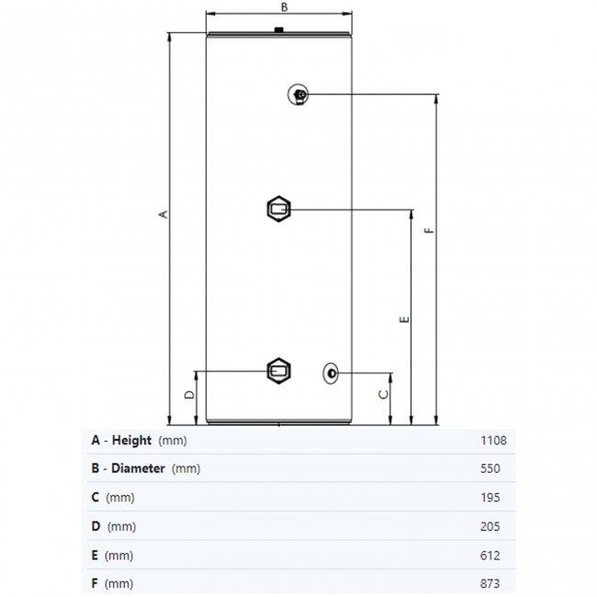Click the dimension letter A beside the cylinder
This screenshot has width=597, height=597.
click(x=164, y=215)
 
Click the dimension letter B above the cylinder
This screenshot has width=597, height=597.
click(x=284, y=6)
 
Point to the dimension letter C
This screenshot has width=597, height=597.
click(x=384, y=393)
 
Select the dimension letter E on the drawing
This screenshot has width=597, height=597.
click(x=404, y=320)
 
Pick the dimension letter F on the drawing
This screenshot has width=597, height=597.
click(x=429, y=231)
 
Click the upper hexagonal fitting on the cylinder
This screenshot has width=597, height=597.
click(x=278, y=209)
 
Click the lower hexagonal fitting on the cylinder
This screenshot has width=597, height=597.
click(x=278, y=371)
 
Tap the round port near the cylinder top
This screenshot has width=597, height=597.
click(x=299, y=95)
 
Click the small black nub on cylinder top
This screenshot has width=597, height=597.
click(x=276, y=34)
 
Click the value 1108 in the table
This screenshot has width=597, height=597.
click(x=493, y=440)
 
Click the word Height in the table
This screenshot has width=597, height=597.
click(x=131, y=440)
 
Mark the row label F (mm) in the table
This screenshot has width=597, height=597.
click(x=112, y=584)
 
